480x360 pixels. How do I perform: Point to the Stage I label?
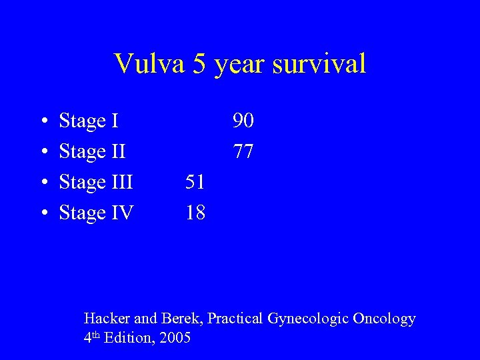[89, 121]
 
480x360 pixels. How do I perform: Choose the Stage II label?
[93, 152]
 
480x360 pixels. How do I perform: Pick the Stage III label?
[97, 182]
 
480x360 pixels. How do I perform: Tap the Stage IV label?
[97, 213]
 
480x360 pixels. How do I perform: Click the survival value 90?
[243, 121]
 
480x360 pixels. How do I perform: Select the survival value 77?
[243, 152]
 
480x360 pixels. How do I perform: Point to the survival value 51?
[195, 182]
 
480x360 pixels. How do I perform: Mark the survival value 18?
[195, 213]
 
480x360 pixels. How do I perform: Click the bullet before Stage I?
[43, 122]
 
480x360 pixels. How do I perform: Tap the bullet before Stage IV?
[43, 213]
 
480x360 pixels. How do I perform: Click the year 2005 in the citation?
[175, 338]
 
